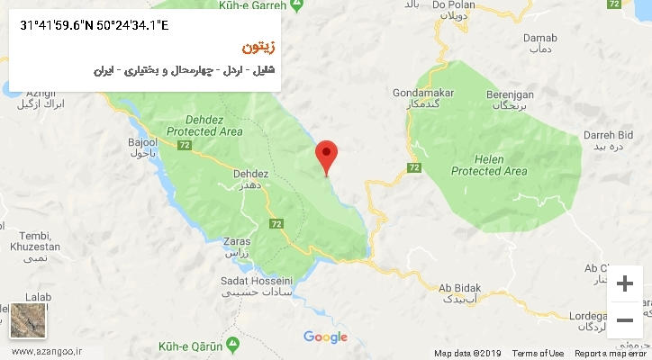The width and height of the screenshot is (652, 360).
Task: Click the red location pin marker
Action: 326,155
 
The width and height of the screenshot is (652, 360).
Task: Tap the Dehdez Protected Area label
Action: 213,125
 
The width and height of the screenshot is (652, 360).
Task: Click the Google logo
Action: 325,337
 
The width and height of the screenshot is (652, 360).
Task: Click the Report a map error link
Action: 611,354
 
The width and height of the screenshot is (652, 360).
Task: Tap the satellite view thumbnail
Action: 29,319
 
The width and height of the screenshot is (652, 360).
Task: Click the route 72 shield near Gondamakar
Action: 413,167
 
